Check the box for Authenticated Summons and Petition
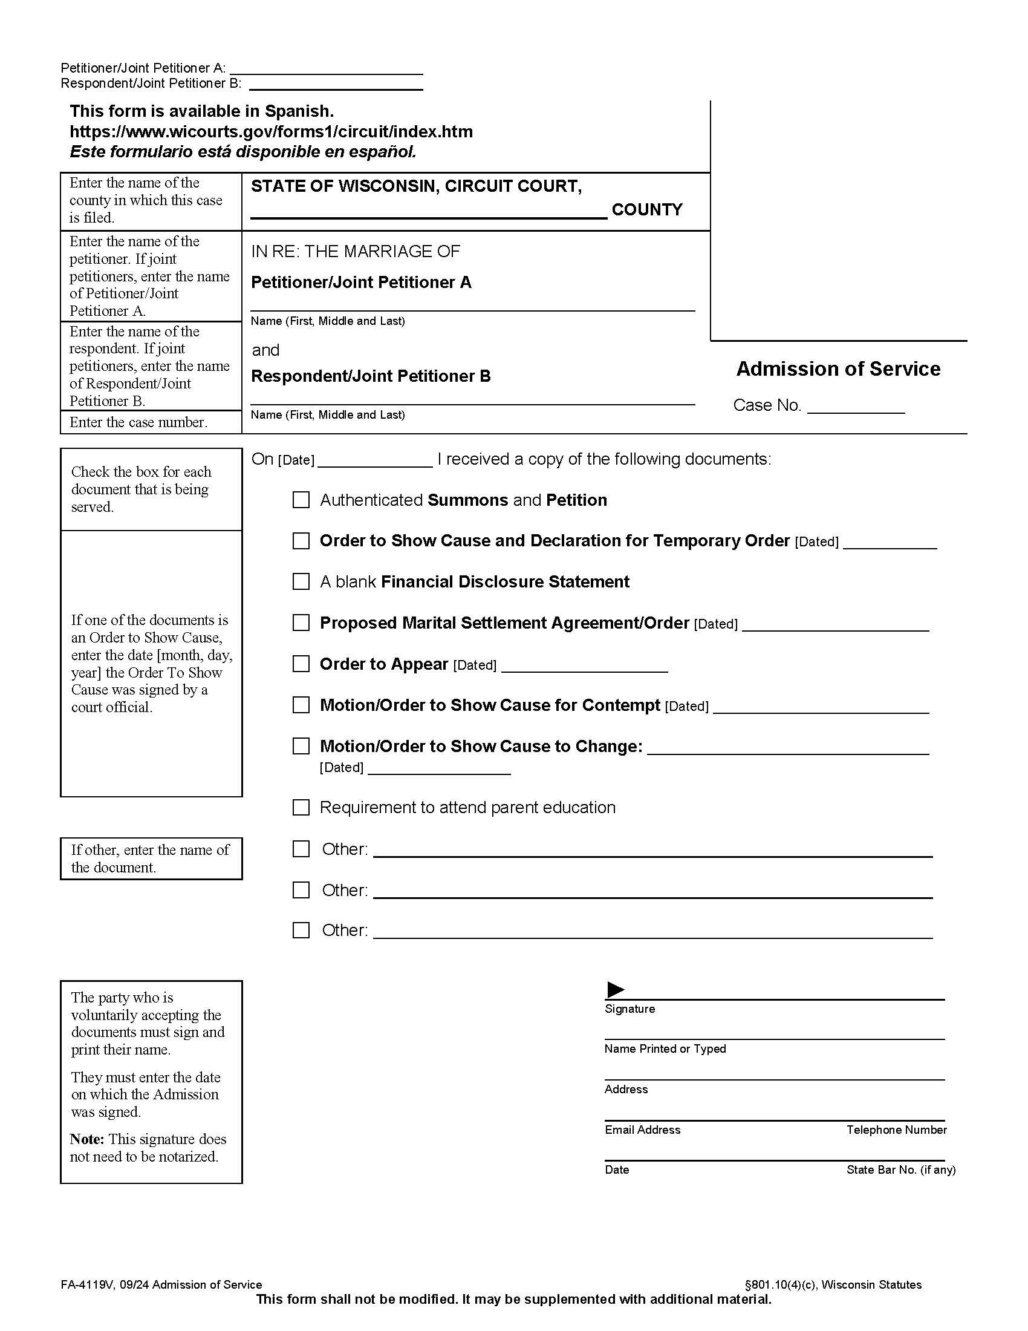click(x=301, y=500)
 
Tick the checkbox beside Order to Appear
click(x=301, y=664)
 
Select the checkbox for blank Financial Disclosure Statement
click(x=301, y=581)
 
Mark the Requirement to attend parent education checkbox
click(x=301, y=808)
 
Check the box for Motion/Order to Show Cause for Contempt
click(x=301, y=705)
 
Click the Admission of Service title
click(x=838, y=369)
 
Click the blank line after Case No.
click(x=856, y=407)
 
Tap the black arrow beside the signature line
click(x=616, y=990)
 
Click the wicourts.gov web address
click(x=271, y=132)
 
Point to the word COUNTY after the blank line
click(x=647, y=210)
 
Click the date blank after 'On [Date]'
click(x=374, y=461)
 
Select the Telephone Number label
click(x=896, y=1130)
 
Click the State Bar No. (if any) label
click(x=900, y=1170)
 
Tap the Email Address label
click(x=642, y=1130)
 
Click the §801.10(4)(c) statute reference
click(x=781, y=1284)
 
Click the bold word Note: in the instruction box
click(x=87, y=1140)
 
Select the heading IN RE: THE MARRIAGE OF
click(x=356, y=252)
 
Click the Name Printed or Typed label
click(x=665, y=1049)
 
